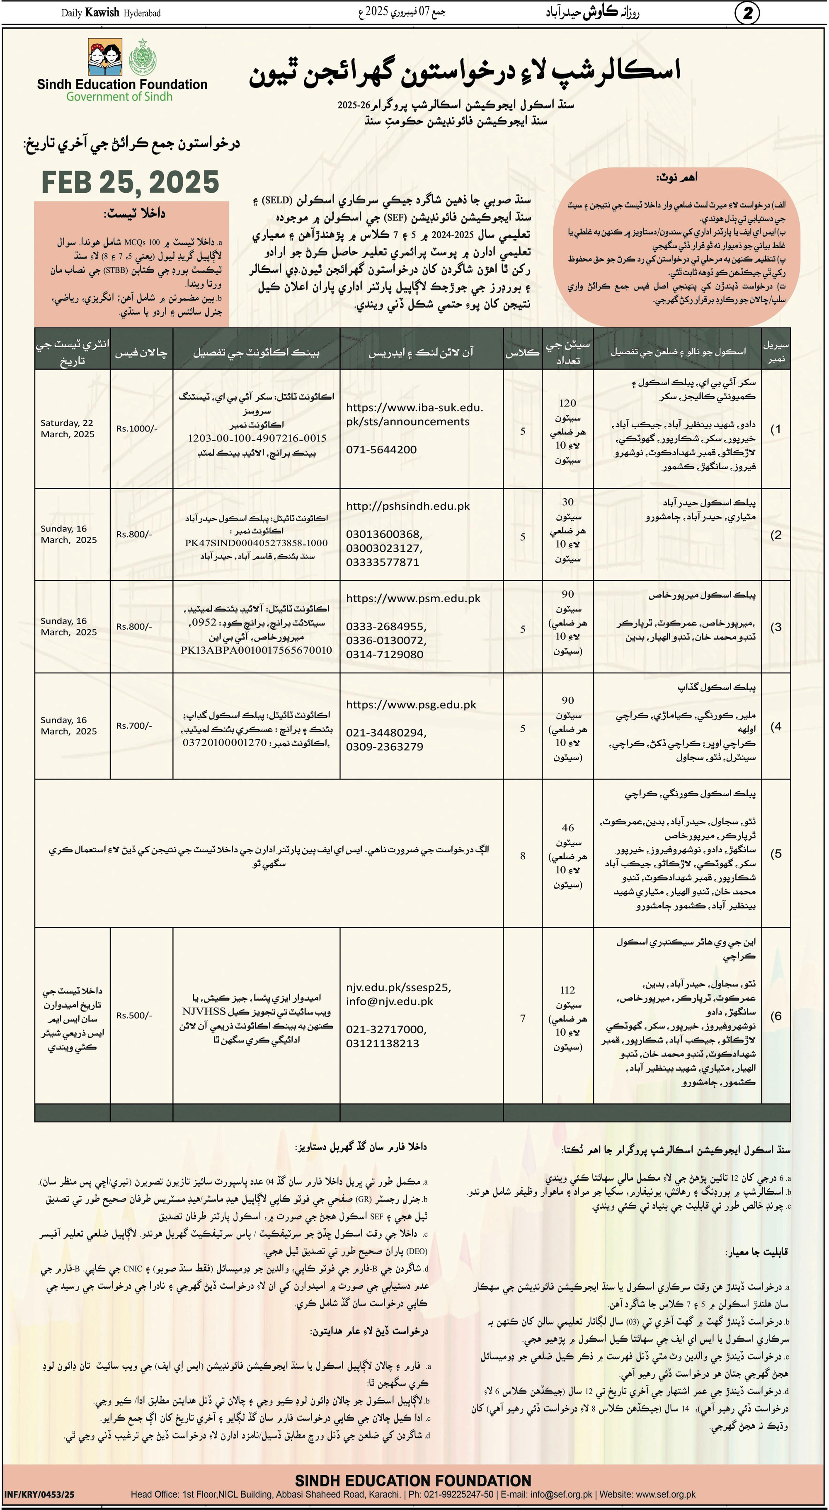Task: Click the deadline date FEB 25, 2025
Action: (x=130, y=182)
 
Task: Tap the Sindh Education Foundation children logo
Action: (x=106, y=57)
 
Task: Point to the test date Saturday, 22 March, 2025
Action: (x=68, y=429)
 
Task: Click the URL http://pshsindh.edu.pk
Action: (x=407, y=506)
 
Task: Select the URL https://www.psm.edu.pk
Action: (x=413, y=599)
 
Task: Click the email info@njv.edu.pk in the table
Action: (x=389, y=1001)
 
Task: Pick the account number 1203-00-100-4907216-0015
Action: (x=257, y=438)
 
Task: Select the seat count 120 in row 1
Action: (x=567, y=403)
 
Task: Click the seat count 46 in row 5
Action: (x=567, y=828)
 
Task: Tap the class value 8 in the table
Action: (x=522, y=856)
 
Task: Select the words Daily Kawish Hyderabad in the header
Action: (x=111, y=13)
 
